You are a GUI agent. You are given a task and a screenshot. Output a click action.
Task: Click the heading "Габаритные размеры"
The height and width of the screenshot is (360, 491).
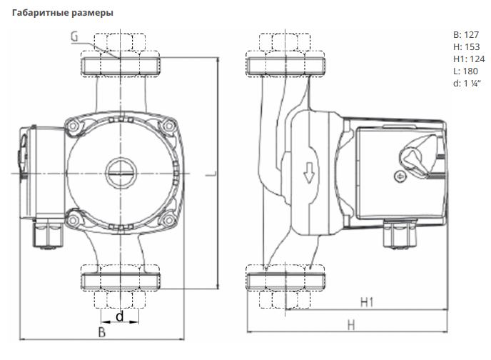[x=62, y=13]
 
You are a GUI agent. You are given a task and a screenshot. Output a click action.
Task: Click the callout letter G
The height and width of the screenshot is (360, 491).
[x=75, y=36]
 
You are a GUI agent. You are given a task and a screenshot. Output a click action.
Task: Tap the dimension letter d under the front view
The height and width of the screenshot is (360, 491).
[x=119, y=315]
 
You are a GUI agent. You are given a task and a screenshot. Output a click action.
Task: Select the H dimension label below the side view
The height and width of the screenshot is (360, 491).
[x=351, y=325]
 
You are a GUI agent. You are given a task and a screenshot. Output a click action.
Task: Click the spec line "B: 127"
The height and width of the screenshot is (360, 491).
[x=467, y=34]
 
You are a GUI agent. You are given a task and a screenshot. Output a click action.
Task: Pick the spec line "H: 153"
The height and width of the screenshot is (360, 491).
[x=467, y=46]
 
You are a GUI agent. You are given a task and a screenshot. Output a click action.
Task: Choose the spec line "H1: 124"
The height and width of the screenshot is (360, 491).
[x=469, y=59]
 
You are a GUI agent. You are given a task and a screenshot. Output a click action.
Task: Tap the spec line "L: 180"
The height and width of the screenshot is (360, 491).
[x=467, y=71]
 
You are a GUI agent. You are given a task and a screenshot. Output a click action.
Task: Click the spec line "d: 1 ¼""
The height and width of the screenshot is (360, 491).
[x=469, y=83]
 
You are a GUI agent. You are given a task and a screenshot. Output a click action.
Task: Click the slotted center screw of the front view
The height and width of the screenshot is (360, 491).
[x=119, y=173]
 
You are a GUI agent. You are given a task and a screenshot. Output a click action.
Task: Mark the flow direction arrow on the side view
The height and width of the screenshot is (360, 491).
[x=309, y=172]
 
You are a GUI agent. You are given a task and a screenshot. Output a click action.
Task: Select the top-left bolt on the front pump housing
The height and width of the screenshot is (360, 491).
[x=72, y=127]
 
